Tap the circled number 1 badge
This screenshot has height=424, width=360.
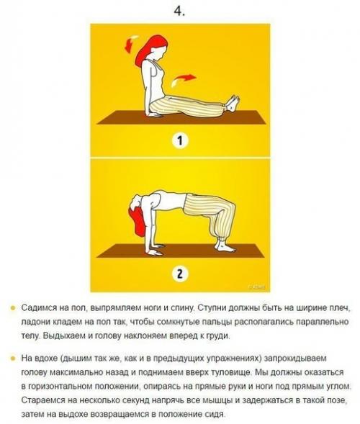pyautogui.click(x=180, y=140)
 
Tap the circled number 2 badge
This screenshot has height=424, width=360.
pyautogui.click(x=180, y=274)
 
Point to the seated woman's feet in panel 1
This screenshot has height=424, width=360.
pyautogui.click(x=232, y=103)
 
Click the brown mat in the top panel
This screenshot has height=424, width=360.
pyautogui.click(x=179, y=117)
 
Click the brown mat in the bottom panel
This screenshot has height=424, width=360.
pyautogui.click(x=179, y=252)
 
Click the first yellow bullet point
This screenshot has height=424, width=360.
pyautogui.click(x=12, y=307)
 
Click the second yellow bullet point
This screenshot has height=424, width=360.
pyautogui.click(x=12, y=358)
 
